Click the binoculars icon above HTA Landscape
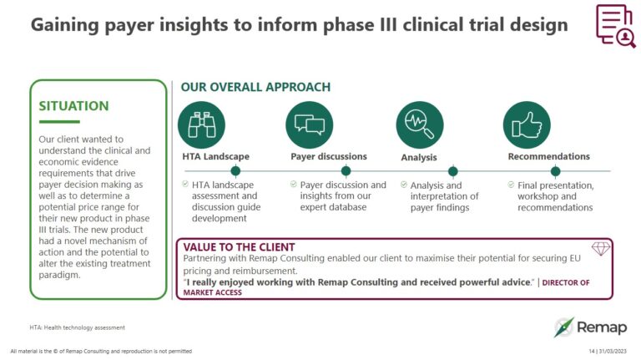(x=201, y=124)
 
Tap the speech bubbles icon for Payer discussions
(x=310, y=124)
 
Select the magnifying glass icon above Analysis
(x=420, y=124)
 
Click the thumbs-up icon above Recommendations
(x=527, y=124)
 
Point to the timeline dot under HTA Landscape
(x=235, y=170)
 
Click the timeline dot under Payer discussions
(x=346, y=170)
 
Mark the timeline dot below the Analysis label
(x=453, y=171)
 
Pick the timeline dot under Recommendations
(x=556, y=171)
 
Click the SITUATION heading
(x=74, y=106)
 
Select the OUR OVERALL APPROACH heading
(x=255, y=87)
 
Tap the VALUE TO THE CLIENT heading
(x=239, y=247)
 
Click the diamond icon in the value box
(x=601, y=248)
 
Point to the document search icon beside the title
(x=616, y=26)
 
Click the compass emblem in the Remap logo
(x=564, y=327)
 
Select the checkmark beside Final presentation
(x=511, y=185)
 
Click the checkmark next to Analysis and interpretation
(x=404, y=185)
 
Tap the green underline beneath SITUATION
(x=59, y=121)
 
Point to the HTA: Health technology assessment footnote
(x=78, y=327)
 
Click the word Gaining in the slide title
(x=65, y=25)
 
